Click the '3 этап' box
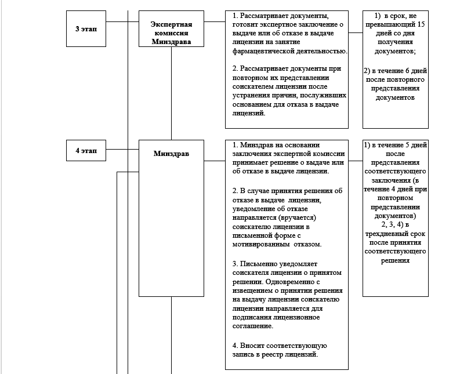pyautogui.click(x=86, y=27)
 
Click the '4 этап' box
pyautogui.click(x=86, y=151)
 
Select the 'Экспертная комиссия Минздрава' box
pyautogui.click(x=171, y=32)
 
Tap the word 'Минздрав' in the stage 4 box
pyautogui.click(x=171, y=154)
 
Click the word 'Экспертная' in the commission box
pyautogui.click(x=171, y=24)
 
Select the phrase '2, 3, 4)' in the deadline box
pyautogui.click(x=395, y=224)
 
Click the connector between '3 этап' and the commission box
pyautogui.click(x=122, y=22)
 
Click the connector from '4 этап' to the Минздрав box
pyautogui.click(x=122, y=151)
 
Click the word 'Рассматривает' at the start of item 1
pyautogui.click(x=265, y=14)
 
